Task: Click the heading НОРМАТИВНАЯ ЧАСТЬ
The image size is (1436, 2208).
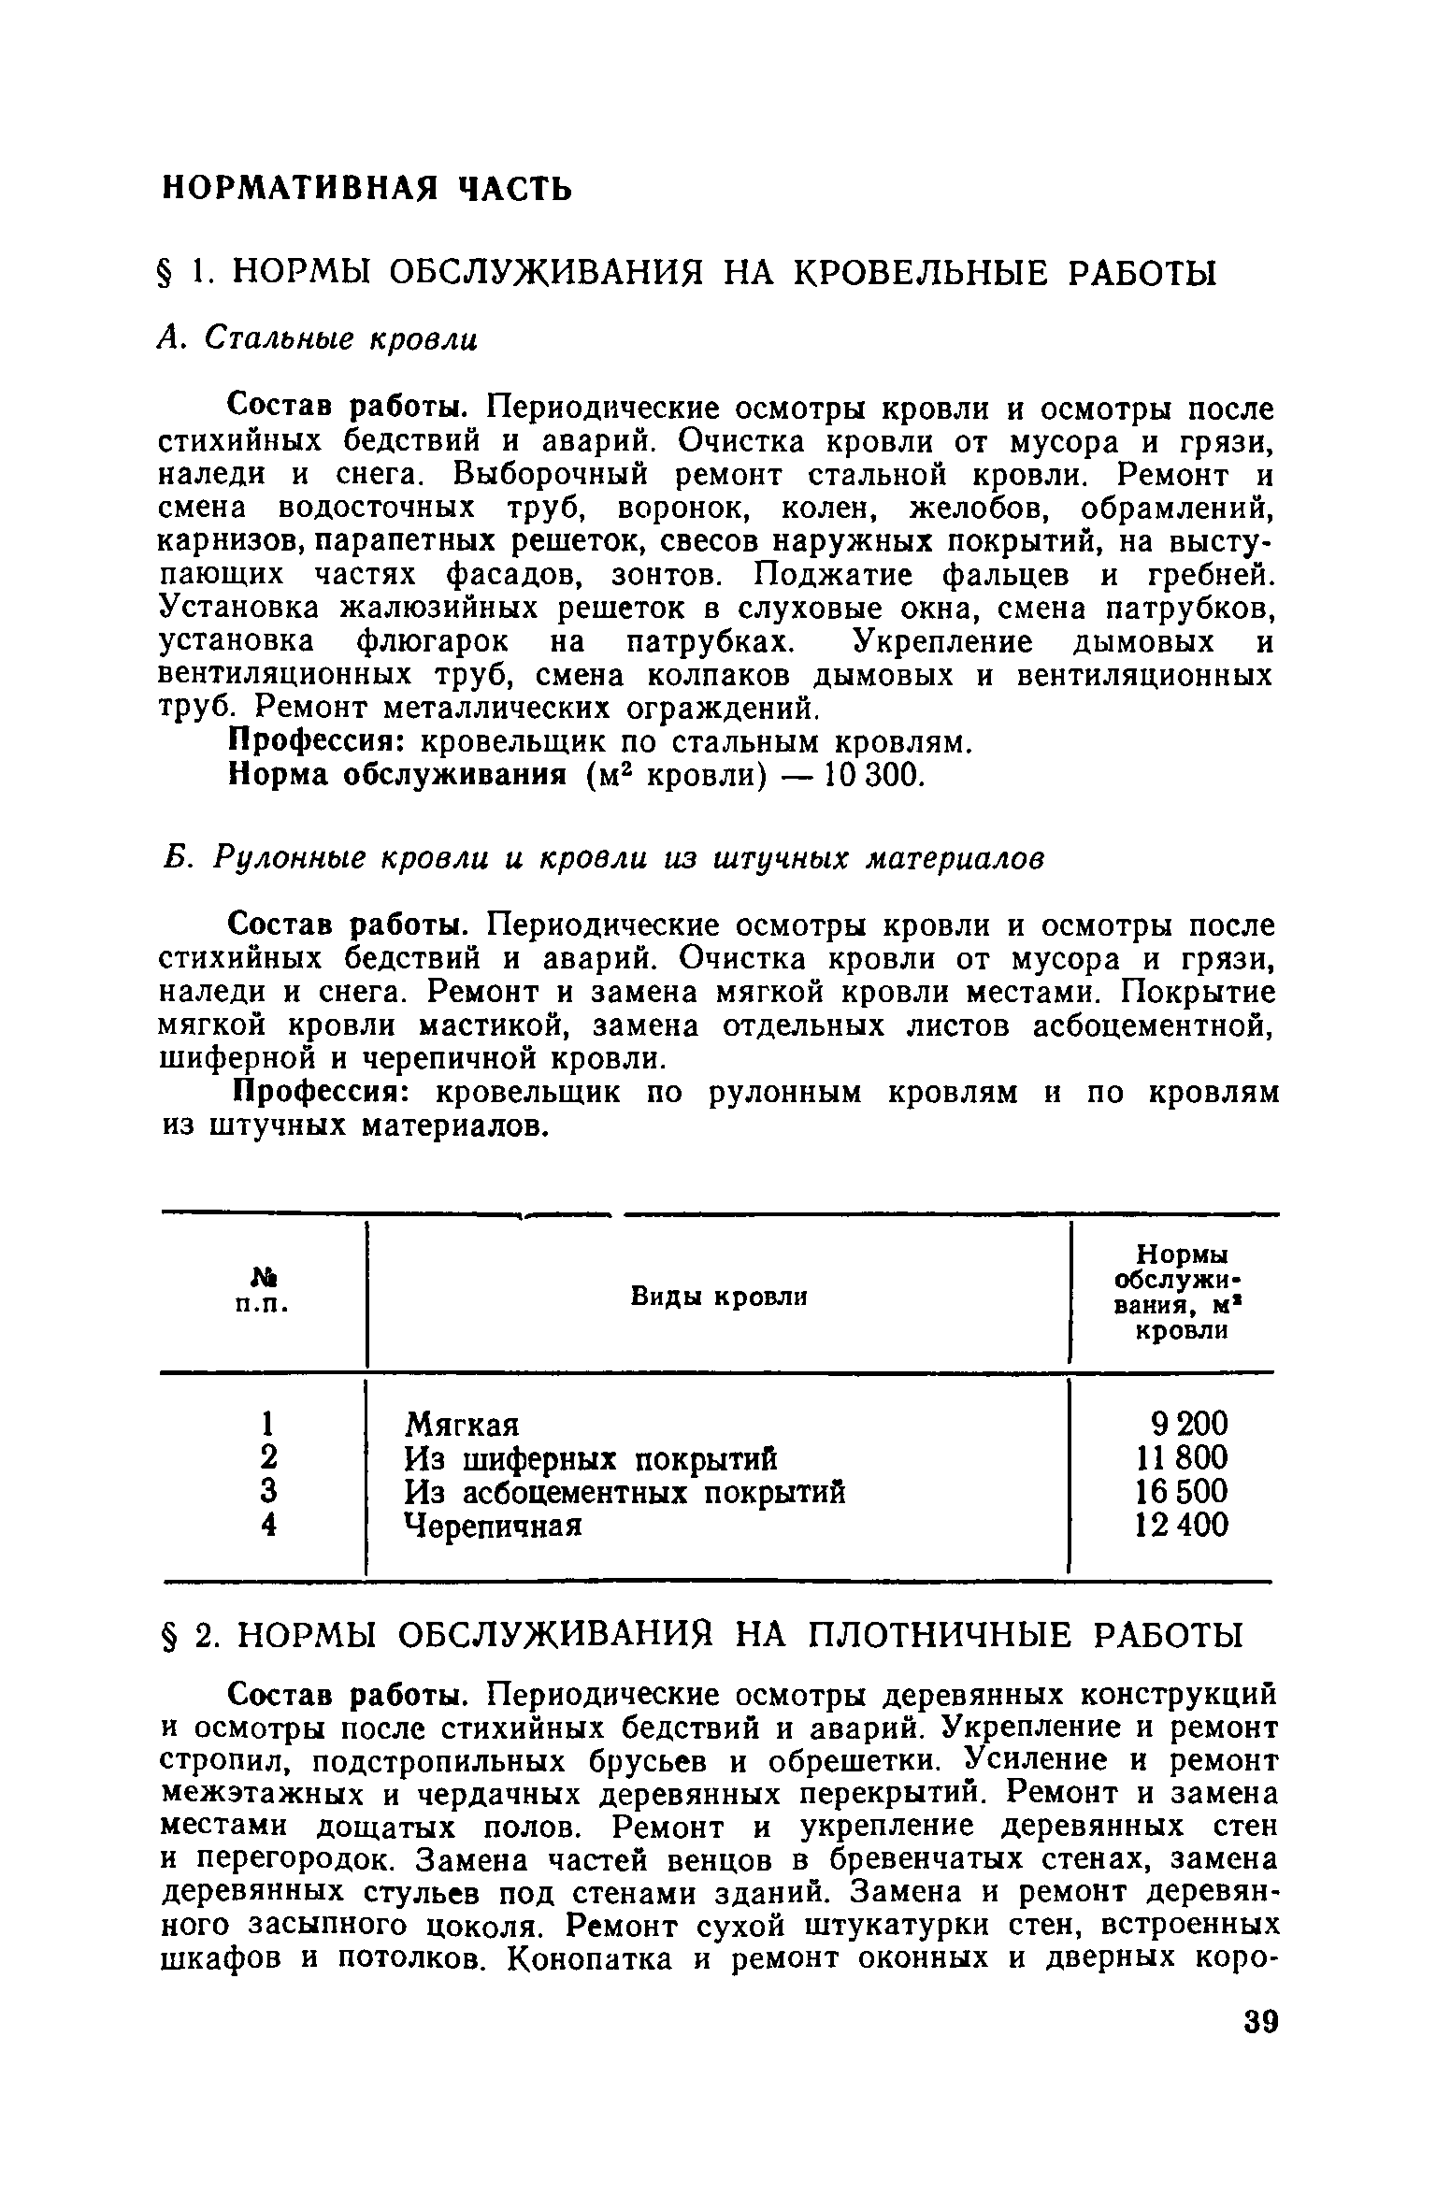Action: click(x=366, y=188)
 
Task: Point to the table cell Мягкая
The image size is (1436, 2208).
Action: click(x=461, y=1425)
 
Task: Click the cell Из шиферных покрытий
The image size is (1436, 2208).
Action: click(x=590, y=1458)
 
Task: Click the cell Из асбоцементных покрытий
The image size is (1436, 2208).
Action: click(x=625, y=1492)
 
